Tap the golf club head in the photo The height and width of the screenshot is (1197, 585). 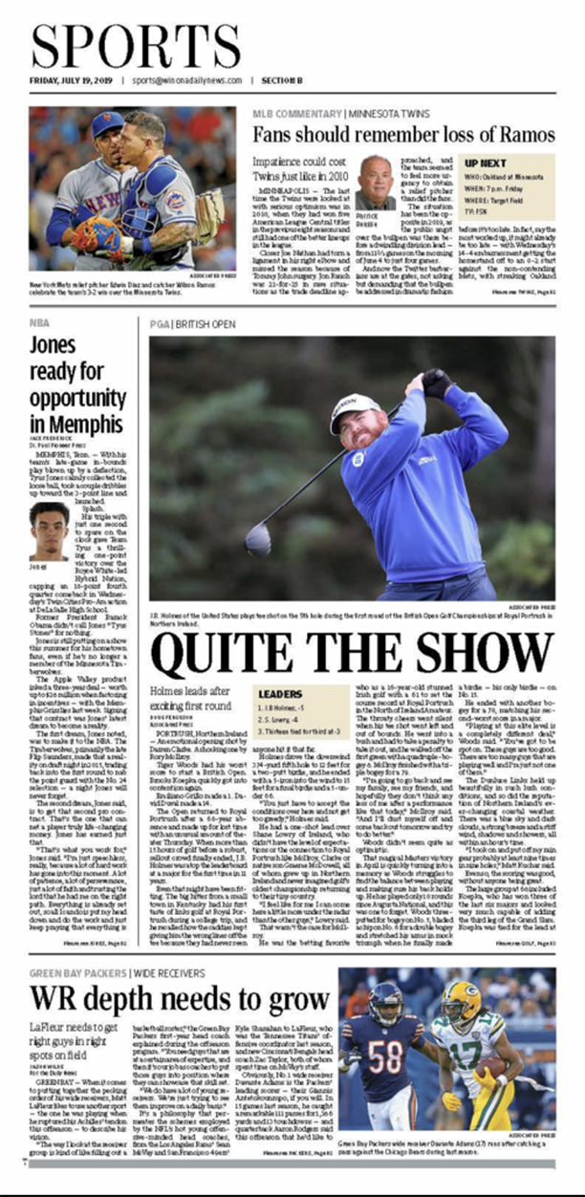[x=258, y=540]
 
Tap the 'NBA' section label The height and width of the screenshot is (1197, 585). [x=39, y=323]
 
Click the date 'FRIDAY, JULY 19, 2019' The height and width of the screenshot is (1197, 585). [x=71, y=81]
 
